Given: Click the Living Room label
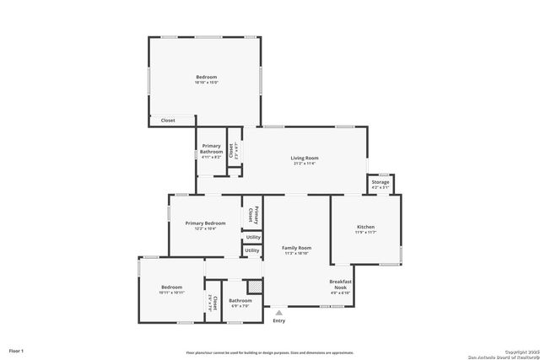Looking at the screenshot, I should coord(305,158).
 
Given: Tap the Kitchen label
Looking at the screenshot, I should coord(365,228).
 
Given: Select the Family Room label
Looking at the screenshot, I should coord(297,248).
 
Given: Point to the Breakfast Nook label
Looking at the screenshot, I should coord(340,284).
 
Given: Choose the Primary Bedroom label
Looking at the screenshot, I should coord(205,223).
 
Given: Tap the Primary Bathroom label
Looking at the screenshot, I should coord(212,148).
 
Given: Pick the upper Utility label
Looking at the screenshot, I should coord(253,237).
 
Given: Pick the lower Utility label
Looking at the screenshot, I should coord(252,250).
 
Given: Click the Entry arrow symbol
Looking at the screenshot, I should coord(278,312).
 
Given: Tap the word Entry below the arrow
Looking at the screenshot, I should coord(278,320).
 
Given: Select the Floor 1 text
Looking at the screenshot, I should coord(16,350).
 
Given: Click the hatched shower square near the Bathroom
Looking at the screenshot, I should coord(251,287).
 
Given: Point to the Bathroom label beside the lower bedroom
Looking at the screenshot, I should coord(240,300).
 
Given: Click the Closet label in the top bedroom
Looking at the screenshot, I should coord(168,121).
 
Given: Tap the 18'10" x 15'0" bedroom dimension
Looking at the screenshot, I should coord(206,83).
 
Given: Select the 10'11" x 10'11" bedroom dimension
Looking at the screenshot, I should coord(171,293).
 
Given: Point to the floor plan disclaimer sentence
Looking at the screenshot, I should coord(270,352).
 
